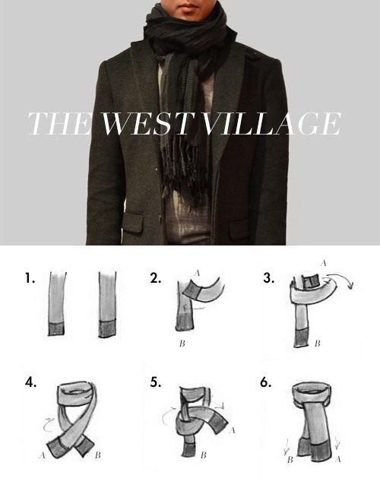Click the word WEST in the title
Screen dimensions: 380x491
click(x=147, y=123)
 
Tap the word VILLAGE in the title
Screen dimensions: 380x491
click(x=271, y=123)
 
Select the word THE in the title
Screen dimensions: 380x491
click(x=59, y=123)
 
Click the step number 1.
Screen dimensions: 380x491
click(x=30, y=278)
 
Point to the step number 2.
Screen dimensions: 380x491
click(x=156, y=278)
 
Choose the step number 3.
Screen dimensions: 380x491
click(x=269, y=278)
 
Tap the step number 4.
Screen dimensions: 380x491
click(x=30, y=382)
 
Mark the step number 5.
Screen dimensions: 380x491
click(x=156, y=382)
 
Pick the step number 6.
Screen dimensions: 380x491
click(x=266, y=382)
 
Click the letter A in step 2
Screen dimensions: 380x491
click(x=197, y=273)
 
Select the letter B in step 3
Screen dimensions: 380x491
click(x=317, y=344)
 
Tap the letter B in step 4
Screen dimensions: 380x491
click(x=98, y=455)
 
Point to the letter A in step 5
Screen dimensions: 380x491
click(x=232, y=430)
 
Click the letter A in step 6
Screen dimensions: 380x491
click(x=337, y=459)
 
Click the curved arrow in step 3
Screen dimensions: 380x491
click(x=341, y=276)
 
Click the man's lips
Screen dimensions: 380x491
click(x=188, y=6)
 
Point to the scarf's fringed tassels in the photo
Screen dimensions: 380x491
click(x=184, y=171)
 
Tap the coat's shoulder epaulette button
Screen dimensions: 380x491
click(x=255, y=55)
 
